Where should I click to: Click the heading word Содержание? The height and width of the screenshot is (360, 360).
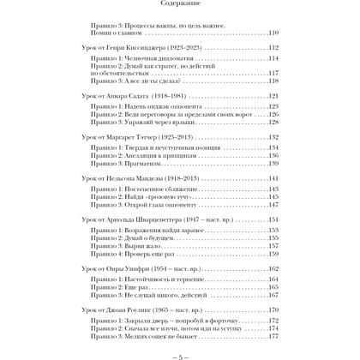[x=180, y=13]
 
